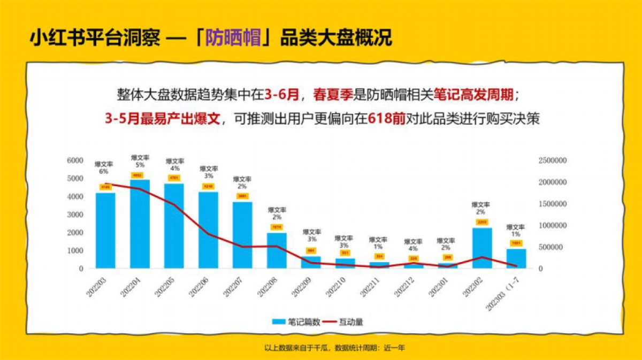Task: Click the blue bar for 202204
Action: [x=140, y=225]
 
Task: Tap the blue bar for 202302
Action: [x=481, y=248]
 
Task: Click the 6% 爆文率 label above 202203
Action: [x=104, y=168]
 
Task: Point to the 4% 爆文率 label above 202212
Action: [x=413, y=245]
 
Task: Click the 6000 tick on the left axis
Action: [x=75, y=160]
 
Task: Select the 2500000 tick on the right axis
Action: [x=553, y=160]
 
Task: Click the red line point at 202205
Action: [x=174, y=204]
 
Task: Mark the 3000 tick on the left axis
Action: [x=75, y=215]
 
